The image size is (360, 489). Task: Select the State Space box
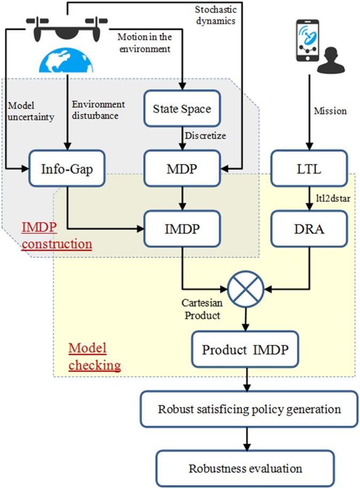(182, 109)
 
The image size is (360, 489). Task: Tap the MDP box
(182, 168)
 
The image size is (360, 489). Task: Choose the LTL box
(305, 168)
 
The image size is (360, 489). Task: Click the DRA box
(305, 228)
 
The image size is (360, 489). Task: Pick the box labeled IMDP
(182, 228)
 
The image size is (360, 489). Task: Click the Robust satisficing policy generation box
(249, 409)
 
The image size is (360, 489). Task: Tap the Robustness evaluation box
(245, 469)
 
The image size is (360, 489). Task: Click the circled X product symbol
(246, 289)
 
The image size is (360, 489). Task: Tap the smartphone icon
(307, 41)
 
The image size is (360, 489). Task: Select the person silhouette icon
(331, 61)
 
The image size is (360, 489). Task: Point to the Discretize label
(205, 136)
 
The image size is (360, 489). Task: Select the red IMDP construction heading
(56, 236)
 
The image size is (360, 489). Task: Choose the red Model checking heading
(94, 357)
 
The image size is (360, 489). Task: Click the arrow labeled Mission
(306, 112)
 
